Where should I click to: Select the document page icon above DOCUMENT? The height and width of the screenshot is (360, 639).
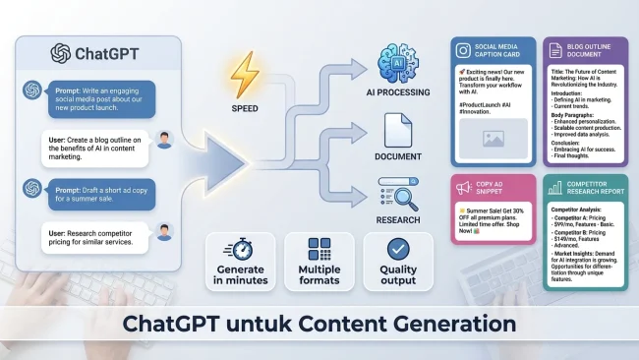pyautogui.click(x=398, y=131)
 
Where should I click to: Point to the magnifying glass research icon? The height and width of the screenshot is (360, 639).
pyautogui.click(x=399, y=194)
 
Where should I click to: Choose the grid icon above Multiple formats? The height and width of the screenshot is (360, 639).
pyautogui.click(x=319, y=249)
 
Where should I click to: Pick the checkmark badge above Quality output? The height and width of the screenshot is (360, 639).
pyautogui.click(x=399, y=249)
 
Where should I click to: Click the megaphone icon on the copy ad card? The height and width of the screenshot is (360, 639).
pyautogui.click(x=463, y=187)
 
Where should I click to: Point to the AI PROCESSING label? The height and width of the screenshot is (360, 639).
pyautogui.click(x=398, y=92)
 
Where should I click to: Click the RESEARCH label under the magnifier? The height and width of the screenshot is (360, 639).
pyautogui.click(x=398, y=220)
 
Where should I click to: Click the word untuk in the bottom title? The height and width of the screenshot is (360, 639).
pyautogui.click(x=302, y=324)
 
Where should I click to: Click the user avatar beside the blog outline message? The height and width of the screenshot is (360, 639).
pyautogui.click(x=163, y=141)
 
